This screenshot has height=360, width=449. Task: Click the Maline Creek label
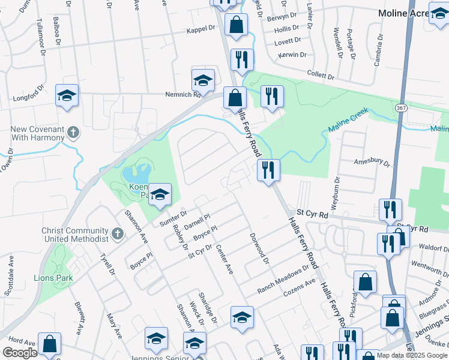tap(347, 121)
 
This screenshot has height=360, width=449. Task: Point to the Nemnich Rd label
tap(183, 94)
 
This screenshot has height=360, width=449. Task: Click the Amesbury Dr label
tap(372, 163)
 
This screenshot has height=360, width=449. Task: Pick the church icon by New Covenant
tap(73, 132)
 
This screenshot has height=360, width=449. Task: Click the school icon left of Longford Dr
tap(67, 95)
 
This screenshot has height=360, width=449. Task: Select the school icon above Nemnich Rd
tap(203, 80)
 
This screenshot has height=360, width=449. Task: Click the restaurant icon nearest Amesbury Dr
tap(268, 170)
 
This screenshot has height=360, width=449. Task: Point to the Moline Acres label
tap(402, 13)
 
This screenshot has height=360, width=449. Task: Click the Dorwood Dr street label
tap(259, 248)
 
